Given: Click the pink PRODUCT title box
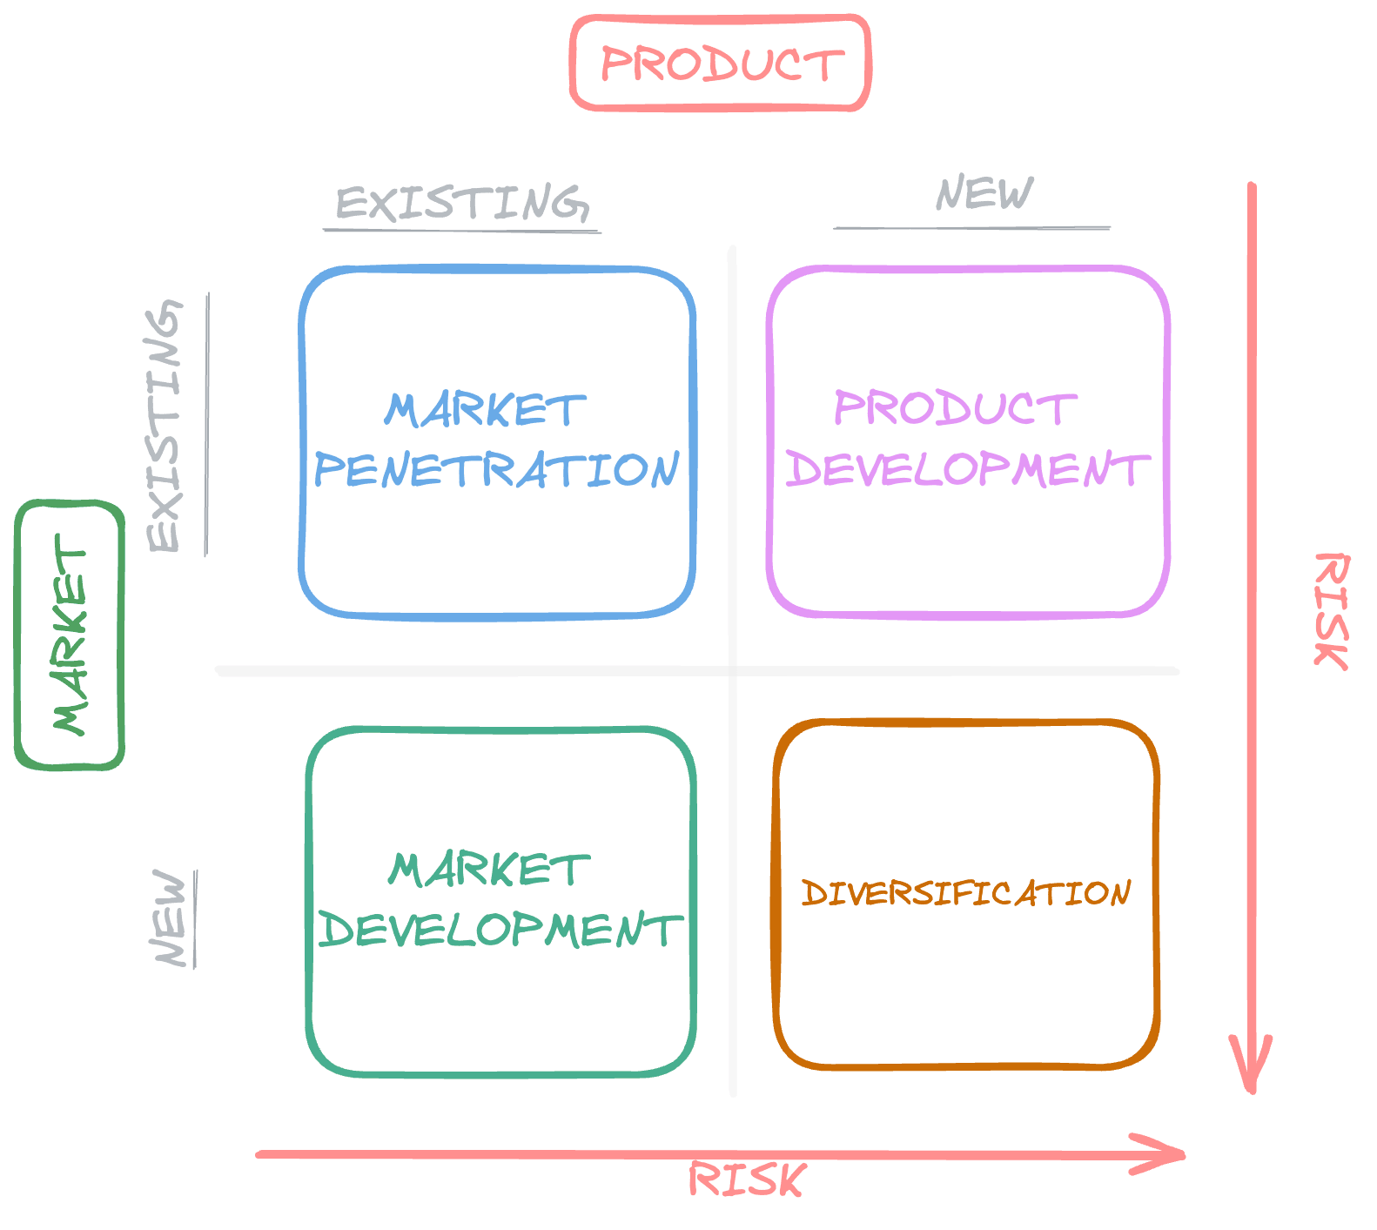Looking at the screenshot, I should pos(721,64).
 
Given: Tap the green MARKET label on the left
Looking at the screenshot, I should pos(70,635).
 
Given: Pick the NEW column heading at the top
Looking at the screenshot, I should pos(984,193).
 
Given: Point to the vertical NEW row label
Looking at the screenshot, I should pos(171,917).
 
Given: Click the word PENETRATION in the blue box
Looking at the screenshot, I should pos(496,470).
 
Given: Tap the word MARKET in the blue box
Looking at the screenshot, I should pos(485,410).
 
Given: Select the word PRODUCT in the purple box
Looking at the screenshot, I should pos(955,408).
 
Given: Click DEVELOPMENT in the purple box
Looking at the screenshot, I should pos(967,469).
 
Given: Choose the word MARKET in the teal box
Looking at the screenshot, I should pos(489,870).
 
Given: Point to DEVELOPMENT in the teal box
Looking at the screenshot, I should pos(500,930).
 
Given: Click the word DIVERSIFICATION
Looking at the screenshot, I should pos(965,893).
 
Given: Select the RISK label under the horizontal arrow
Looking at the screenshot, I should pos(747,1180).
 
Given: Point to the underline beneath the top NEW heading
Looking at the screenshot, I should pos(971,228).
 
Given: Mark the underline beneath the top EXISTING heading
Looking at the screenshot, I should pos(462,231).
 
